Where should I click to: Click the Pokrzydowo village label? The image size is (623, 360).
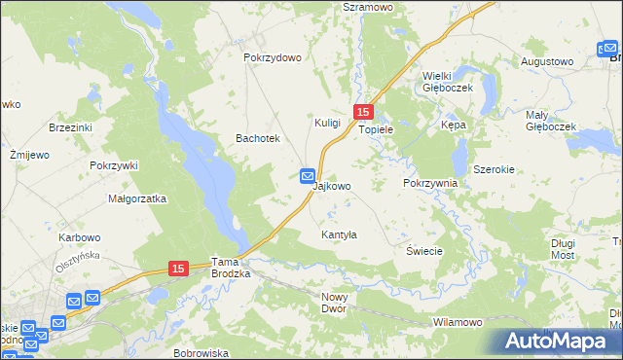tap(273, 57)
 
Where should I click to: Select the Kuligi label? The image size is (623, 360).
tap(327, 123)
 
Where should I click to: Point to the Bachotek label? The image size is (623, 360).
tap(258, 139)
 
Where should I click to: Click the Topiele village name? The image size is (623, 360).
tap(376, 128)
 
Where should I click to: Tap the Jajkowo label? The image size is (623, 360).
tap(332, 185)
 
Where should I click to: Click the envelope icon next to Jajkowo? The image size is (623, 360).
tap(308, 176)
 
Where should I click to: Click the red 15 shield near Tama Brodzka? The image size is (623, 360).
tap(177, 268)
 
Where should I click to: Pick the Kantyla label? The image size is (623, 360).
tap(340, 234)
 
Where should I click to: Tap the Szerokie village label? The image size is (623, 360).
tap(494, 168)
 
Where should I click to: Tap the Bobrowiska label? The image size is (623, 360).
tap(201, 353)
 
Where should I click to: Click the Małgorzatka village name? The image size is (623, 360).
tap(137, 198)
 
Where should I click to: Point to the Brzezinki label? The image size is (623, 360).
tap(70, 127)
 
